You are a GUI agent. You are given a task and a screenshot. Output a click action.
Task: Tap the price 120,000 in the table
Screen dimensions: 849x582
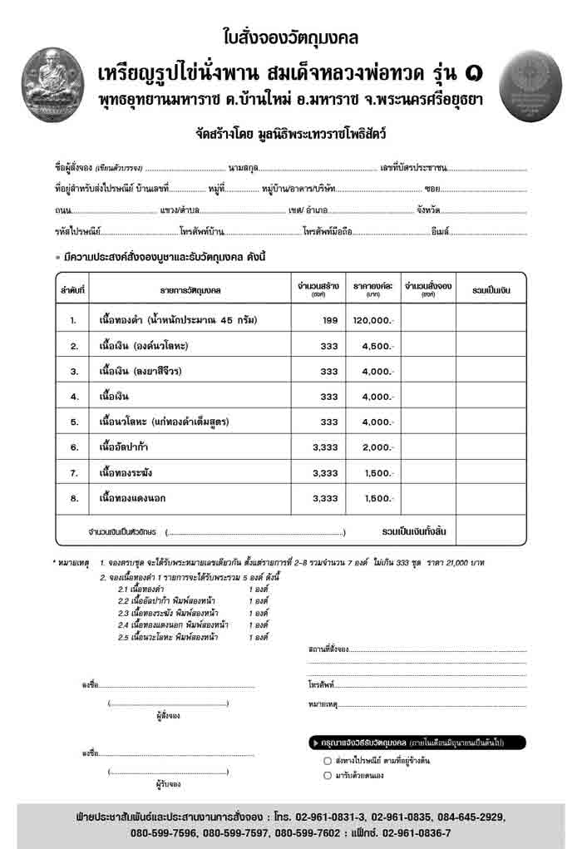click(x=371, y=319)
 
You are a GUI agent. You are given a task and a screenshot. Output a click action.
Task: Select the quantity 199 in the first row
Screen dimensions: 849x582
click(x=330, y=319)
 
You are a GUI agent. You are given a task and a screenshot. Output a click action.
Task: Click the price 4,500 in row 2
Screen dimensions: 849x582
click(x=376, y=345)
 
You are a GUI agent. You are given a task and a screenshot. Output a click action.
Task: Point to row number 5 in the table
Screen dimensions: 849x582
click(x=73, y=422)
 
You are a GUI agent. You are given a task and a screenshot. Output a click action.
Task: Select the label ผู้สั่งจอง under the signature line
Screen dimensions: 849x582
click(x=168, y=716)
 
